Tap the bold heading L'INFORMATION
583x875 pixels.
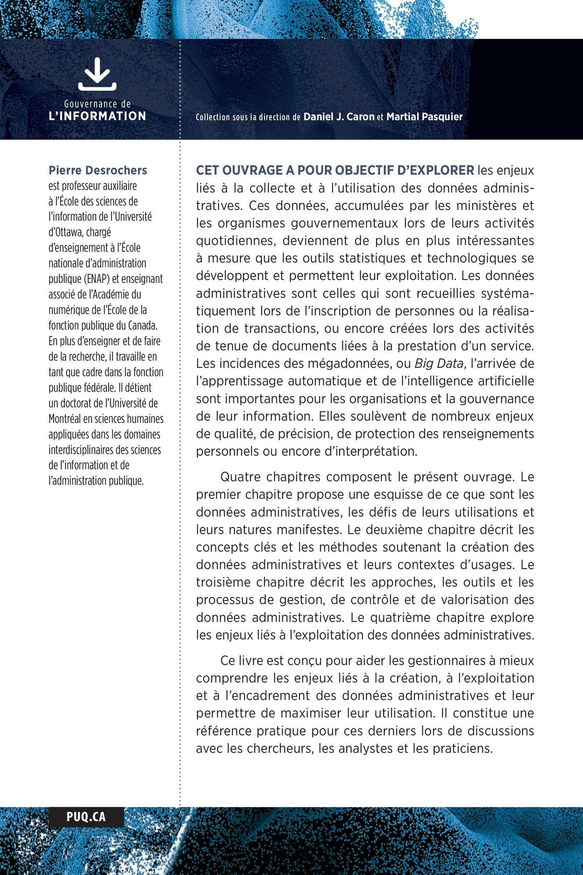click(x=97, y=116)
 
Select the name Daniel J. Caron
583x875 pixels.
click(x=339, y=117)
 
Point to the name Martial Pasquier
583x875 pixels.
click(x=425, y=117)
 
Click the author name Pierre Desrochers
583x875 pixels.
click(x=98, y=170)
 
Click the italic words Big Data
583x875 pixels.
click(x=438, y=364)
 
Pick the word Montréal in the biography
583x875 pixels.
click(x=68, y=419)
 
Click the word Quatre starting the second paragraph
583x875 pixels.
click(x=240, y=477)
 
